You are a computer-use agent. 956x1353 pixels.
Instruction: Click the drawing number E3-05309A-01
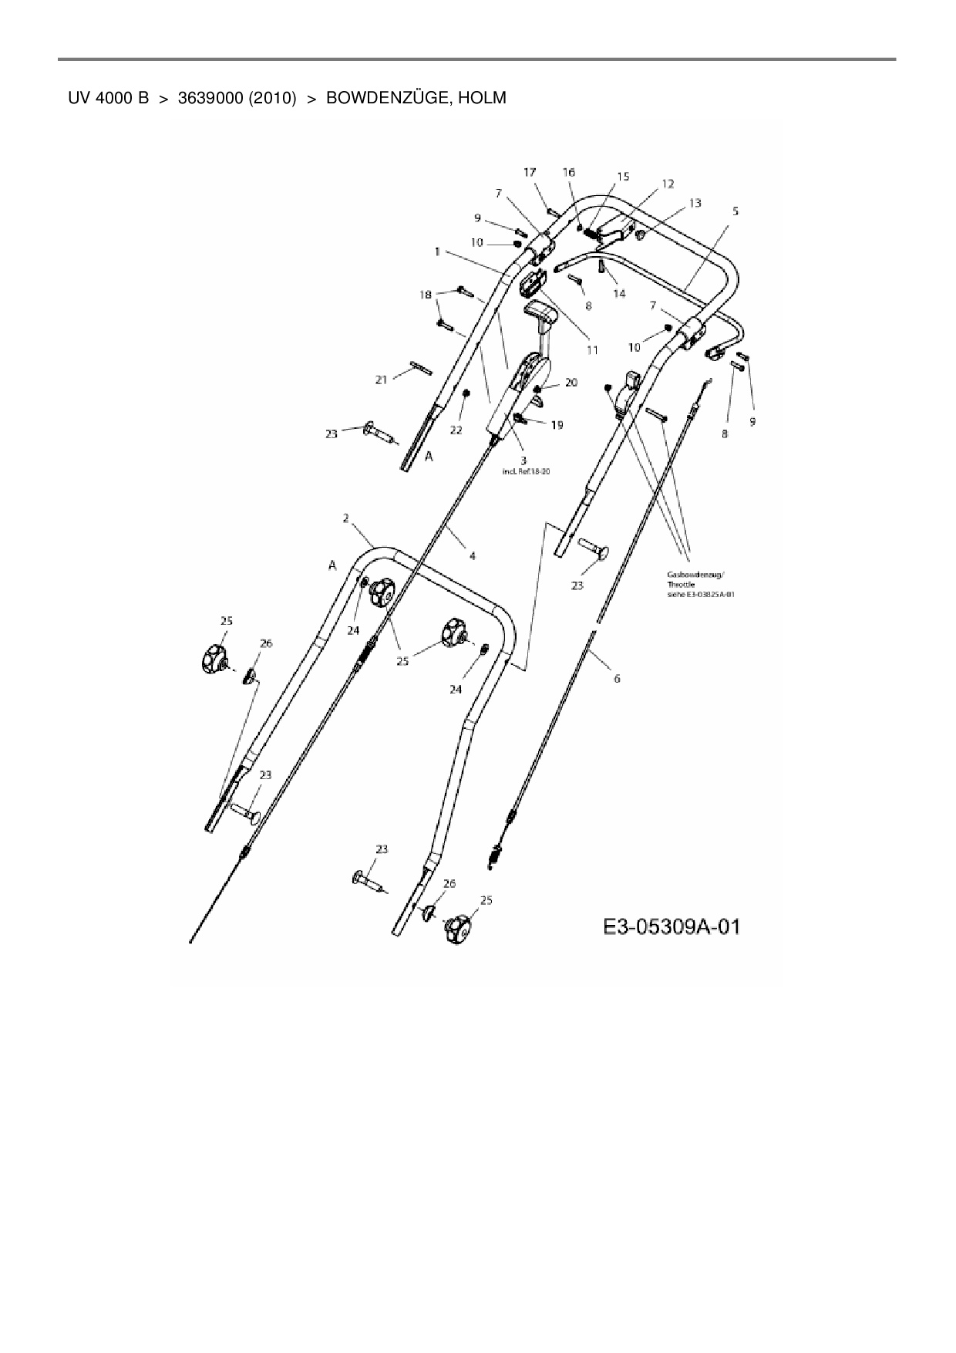pyautogui.click(x=671, y=926)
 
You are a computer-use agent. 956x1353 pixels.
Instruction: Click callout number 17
pyautogui.click(x=530, y=173)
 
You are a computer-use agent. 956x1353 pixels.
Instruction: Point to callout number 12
pyautogui.click(x=668, y=184)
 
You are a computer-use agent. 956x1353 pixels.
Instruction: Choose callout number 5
pyautogui.click(x=736, y=211)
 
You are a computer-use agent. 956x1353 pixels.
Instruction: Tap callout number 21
pyautogui.click(x=381, y=379)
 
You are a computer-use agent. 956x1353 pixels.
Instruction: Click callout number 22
pyautogui.click(x=456, y=430)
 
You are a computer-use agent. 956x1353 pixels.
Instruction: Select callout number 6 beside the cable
pyautogui.click(x=617, y=679)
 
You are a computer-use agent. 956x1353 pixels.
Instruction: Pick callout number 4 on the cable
pyautogui.click(x=472, y=555)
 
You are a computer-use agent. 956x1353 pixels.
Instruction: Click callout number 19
pyautogui.click(x=557, y=424)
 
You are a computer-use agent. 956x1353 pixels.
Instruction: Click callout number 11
pyautogui.click(x=592, y=349)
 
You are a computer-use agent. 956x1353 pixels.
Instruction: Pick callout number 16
pyautogui.click(x=569, y=172)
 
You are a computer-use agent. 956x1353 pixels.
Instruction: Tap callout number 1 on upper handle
pyautogui.click(x=436, y=251)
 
